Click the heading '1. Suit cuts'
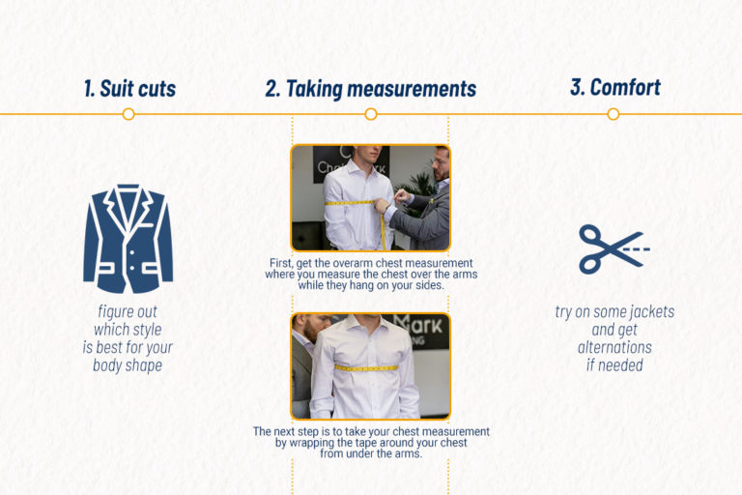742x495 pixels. (128, 89)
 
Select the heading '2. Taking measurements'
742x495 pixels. (371, 89)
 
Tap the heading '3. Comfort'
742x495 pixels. (614, 88)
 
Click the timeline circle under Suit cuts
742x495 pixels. (128, 114)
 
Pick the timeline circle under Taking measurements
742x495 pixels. (371, 114)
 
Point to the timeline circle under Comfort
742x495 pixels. (614, 114)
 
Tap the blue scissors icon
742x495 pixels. (613, 248)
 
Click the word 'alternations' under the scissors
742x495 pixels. (614, 348)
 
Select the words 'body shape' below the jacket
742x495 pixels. (128, 365)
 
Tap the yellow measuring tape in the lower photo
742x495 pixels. (366, 367)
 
